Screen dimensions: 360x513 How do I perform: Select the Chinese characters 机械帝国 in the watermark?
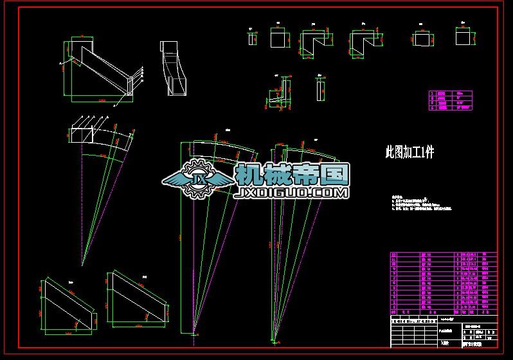[x=292, y=174]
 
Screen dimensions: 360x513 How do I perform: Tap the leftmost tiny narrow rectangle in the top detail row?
[x=250, y=39]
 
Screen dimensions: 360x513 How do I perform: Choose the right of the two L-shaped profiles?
[x=363, y=42]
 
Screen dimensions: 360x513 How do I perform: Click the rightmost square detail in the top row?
[x=465, y=38]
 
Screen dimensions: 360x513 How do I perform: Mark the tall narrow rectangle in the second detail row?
[x=319, y=90]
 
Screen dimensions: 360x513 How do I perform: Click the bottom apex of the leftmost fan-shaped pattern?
[x=82, y=264]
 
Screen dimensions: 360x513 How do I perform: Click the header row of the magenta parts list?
[x=443, y=255]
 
